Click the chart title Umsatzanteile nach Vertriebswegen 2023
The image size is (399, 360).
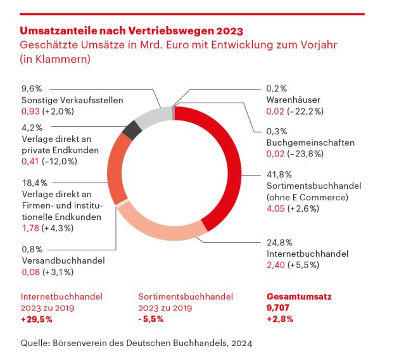coord(131,30)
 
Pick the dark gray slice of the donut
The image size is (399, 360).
coord(132,130)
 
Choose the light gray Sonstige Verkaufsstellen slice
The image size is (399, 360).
coord(152,117)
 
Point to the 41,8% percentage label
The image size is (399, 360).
coord(275,175)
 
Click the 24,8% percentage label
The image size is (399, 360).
coord(275,243)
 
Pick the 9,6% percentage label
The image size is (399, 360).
coord(31,89)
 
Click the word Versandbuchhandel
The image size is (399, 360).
coord(63,260)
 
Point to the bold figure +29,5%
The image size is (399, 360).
coord(36,318)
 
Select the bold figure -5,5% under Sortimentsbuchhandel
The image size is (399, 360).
coord(151,318)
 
